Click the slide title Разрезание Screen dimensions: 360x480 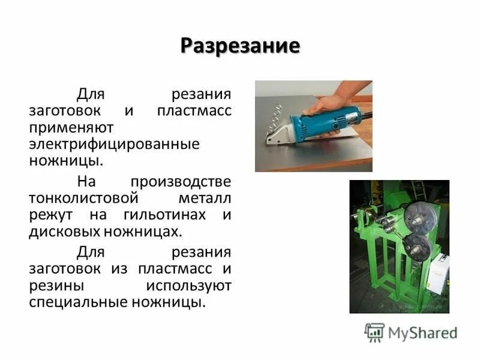coord(240,46)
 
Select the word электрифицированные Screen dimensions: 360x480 coord(114,145)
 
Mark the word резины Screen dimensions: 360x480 coord(56,285)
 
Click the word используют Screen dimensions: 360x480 coord(187,285)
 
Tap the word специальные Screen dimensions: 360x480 coord(82,302)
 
